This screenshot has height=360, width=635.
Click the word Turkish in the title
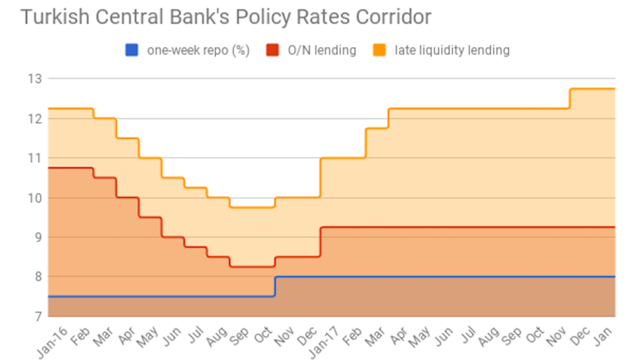pos(48,16)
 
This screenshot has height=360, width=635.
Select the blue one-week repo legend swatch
pos(131,50)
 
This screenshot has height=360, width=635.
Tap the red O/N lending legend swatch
pos(272,50)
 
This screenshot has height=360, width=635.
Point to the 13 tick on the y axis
pos(35,78)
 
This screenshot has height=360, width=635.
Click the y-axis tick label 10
pos(35,198)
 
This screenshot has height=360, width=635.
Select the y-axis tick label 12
pos(35,119)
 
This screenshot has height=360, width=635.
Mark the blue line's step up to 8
pos(274,286)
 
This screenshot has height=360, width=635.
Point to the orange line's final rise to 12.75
pos(569,98)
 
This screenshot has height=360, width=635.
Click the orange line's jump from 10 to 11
pos(320,177)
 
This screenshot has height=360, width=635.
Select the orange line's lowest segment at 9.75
pos(252,207)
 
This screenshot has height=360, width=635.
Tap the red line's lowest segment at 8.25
pos(252,266)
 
